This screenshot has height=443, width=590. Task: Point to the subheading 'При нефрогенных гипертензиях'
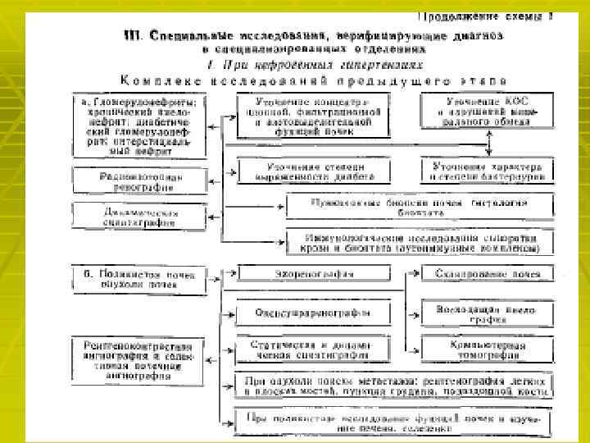(x=311, y=63)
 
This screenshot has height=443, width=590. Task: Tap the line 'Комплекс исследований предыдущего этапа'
(x=312, y=80)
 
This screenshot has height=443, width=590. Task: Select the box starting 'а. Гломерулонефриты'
(x=138, y=124)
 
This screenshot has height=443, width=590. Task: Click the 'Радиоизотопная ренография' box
(x=139, y=181)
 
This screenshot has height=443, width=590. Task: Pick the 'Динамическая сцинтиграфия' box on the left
(x=139, y=215)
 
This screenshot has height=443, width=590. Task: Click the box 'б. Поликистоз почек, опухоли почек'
(x=138, y=279)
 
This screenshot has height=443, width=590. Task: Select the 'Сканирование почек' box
(x=488, y=273)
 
